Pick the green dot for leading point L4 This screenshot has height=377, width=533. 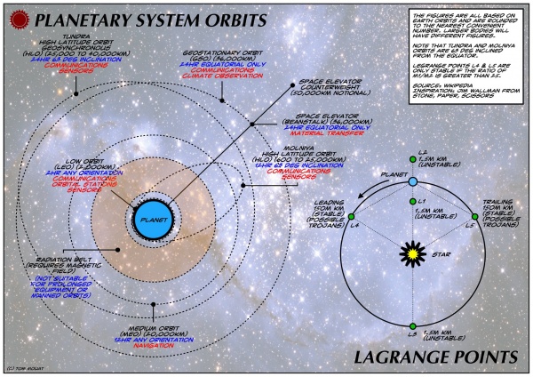[x=352, y=217]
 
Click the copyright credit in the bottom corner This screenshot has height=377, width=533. [x=25, y=368]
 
